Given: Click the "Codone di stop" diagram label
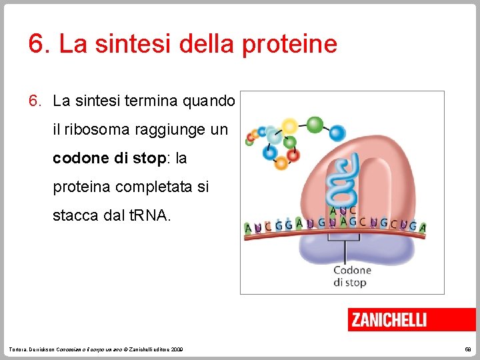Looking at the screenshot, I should pos(352,276).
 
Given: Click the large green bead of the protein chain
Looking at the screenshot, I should pos(315,125).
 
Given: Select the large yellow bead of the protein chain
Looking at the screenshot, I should pos(289,126).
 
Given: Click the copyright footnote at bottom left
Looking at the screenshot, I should pos(97,350).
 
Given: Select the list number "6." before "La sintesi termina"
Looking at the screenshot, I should pos(35,101).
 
